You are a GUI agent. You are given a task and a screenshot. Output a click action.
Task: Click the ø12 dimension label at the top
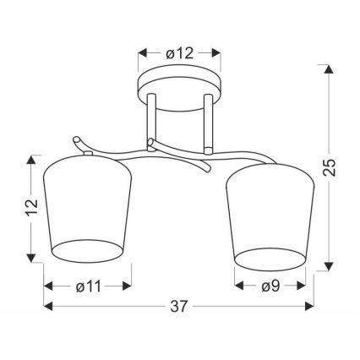180,53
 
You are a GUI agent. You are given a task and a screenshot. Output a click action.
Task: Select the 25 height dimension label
329,167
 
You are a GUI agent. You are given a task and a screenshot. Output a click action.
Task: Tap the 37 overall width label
178,306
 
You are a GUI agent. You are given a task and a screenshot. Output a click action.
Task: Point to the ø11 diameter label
88,286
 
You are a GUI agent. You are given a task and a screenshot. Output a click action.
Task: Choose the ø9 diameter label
270,286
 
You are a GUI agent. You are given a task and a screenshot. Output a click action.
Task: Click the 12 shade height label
31,207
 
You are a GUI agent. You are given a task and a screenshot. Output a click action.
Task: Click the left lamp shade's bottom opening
88,251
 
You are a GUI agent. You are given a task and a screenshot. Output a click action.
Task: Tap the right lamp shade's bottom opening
270,259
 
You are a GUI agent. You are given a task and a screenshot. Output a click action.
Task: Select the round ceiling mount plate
179,88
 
